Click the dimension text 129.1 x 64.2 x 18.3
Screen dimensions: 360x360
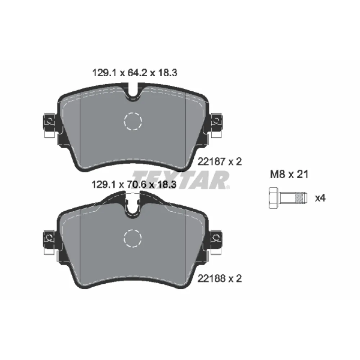point(135,73)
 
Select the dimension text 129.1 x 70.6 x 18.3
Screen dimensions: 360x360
point(134,184)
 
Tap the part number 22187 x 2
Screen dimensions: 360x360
point(220,162)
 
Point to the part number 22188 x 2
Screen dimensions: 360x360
point(220,279)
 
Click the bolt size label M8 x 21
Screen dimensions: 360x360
point(289,175)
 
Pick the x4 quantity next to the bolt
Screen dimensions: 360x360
point(320,198)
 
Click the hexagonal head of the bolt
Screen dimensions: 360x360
point(274,198)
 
